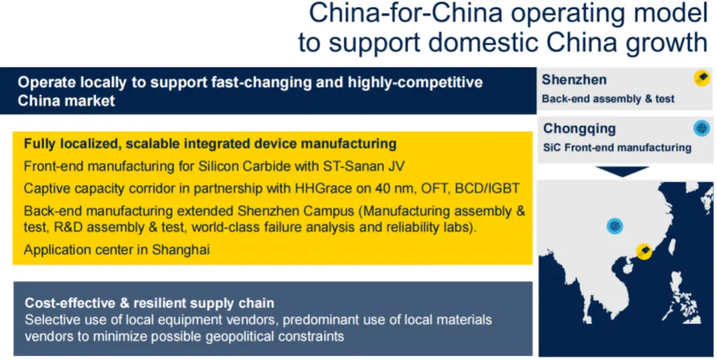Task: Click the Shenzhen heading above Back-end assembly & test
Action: [x=574, y=80]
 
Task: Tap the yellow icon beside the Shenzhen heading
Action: [x=702, y=78]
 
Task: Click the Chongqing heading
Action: [x=580, y=129]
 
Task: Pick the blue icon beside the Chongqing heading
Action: [x=701, y=128]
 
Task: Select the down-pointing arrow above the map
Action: [x=622, y=171]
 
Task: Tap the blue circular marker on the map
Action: [x=615, y=226]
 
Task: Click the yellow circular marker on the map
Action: [x=644, y=251]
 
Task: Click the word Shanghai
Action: [x=181, y=250]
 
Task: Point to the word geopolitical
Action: [x=247, y=337]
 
